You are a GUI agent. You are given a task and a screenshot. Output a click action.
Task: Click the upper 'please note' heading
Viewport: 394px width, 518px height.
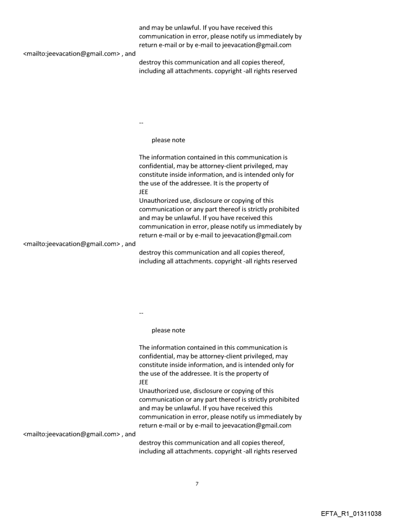[x=168, y=140]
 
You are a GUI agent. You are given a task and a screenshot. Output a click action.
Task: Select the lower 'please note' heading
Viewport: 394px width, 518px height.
[x=168, y=330]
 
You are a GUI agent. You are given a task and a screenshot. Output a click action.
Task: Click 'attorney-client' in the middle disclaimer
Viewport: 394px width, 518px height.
[x=211, y=166]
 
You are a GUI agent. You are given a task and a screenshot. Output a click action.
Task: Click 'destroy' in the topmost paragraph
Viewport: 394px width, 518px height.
[x=151, y=63]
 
